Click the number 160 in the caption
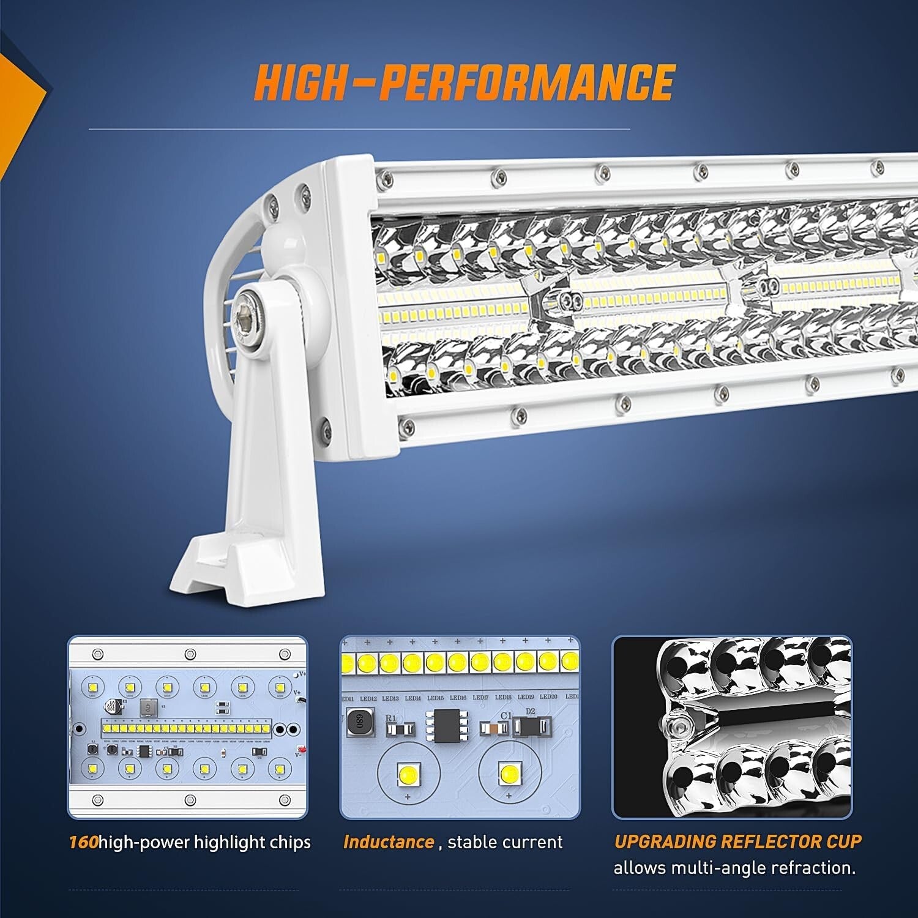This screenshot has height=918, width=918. pos(83,842)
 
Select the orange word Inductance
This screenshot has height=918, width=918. pos(389,842)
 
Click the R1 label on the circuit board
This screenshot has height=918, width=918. pos(391,718)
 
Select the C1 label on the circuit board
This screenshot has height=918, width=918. pos(506,715)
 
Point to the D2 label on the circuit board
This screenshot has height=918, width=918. pos(530,711)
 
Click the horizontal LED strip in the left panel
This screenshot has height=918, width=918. pos(187,730)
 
